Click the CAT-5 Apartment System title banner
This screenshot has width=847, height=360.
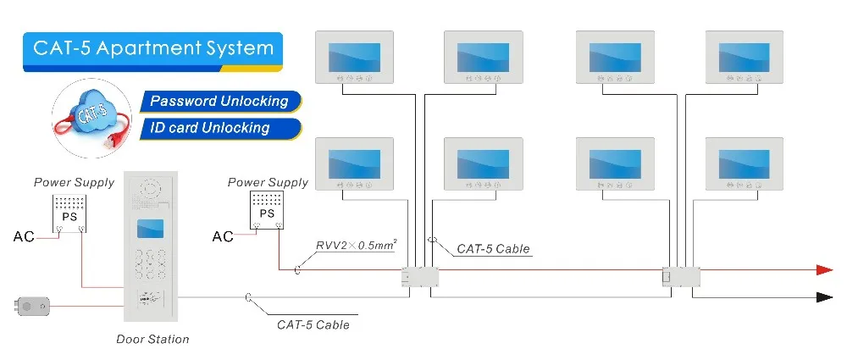(153, 47)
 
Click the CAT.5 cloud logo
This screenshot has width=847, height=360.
(90, 118)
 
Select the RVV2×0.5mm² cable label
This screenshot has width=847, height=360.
(356, 246)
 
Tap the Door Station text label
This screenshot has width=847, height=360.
(152, 339)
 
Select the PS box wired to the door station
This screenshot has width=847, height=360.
(68, 213)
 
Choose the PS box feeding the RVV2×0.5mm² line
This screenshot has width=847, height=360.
(267, 212)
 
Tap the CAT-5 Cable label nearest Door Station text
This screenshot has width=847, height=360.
(313, 324)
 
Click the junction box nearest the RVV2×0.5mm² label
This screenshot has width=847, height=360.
(419, 277)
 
